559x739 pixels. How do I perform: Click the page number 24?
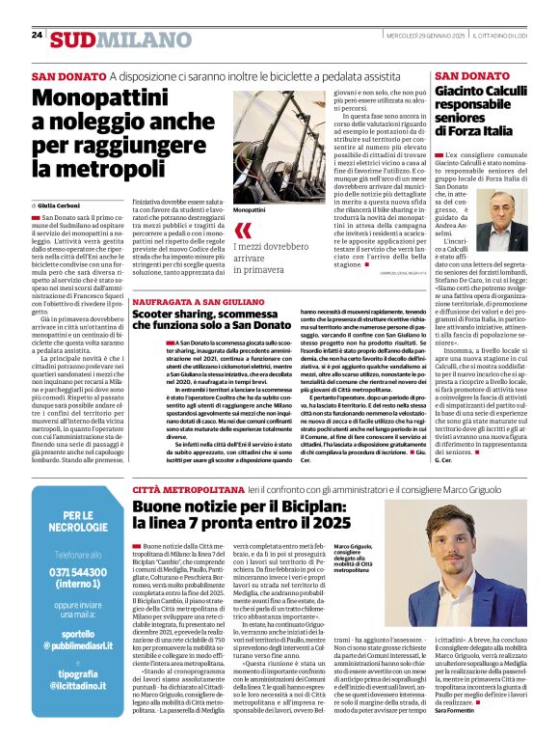coord(37,35)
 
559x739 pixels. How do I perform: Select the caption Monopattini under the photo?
coord(250,209)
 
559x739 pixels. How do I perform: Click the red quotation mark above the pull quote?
coord(242,230)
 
